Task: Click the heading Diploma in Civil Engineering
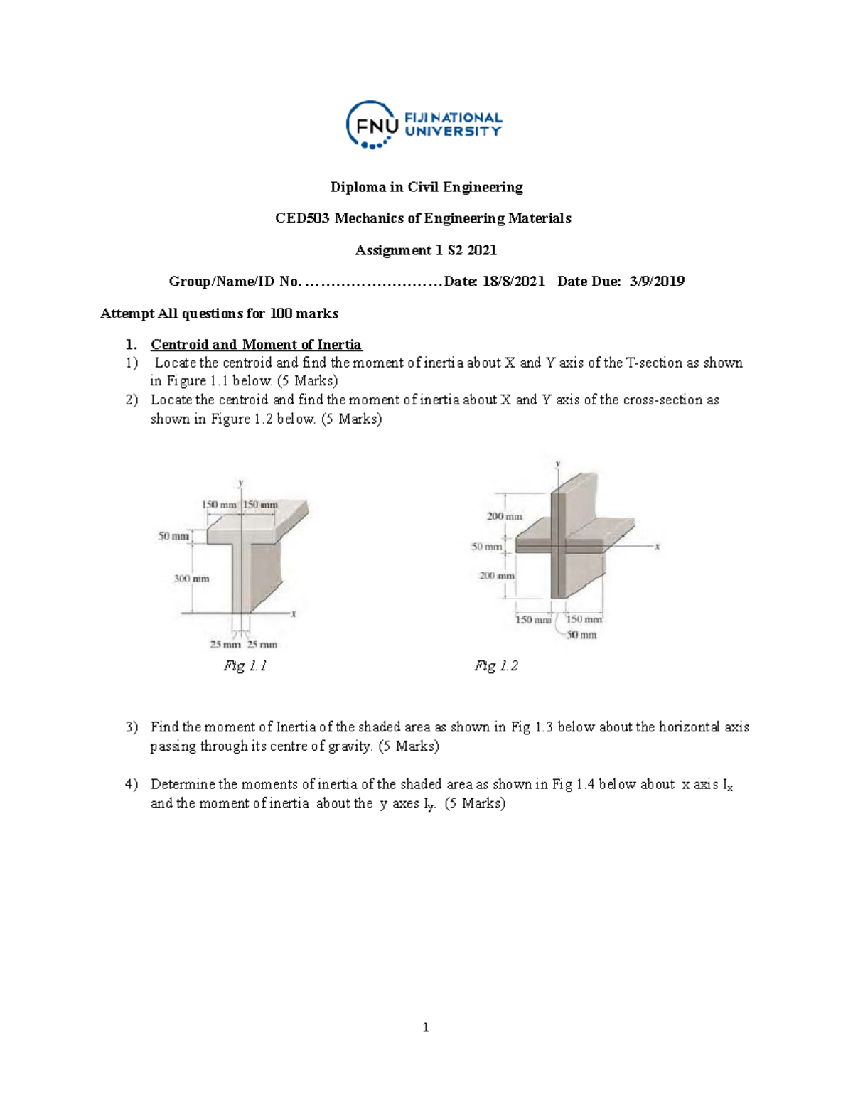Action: [426, 187]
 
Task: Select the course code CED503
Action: [302, 218]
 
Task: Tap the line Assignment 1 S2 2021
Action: [426, 250]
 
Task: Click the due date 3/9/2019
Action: [657, 282]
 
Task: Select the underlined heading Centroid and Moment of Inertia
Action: [256, 345]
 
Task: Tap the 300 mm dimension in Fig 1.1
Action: [191, 579]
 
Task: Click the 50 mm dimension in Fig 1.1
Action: [173, 536]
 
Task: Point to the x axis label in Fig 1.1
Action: [294, 614]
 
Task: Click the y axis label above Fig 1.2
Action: [558, 463]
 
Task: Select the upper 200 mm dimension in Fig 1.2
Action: [504, 516]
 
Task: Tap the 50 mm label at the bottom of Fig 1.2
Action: [581, 635]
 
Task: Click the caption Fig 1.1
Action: [245, 666]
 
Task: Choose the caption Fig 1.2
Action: [496, 666]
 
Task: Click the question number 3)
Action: [132, 727]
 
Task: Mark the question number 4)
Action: [132, 785]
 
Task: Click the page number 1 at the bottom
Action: [425, 1027]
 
